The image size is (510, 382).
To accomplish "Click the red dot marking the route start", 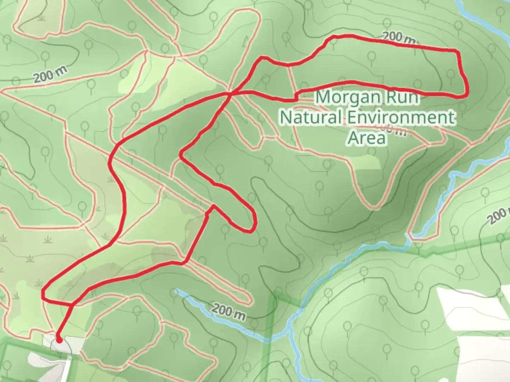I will (x=59, y=340).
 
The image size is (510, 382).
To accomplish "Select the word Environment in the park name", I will (x=399, y=117).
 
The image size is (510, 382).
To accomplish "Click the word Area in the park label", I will (x=366, y=138).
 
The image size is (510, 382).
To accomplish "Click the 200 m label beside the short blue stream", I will (x=228, y=312).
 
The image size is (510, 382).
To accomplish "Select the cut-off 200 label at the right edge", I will (x=499, y=216).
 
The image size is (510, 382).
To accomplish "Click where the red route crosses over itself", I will (x=231, y=93).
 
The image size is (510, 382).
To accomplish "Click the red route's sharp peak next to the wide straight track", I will (x=213, y=206).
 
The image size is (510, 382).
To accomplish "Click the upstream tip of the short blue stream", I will (x=176, y=291).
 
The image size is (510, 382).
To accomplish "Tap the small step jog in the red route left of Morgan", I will (x=295, y=97).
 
